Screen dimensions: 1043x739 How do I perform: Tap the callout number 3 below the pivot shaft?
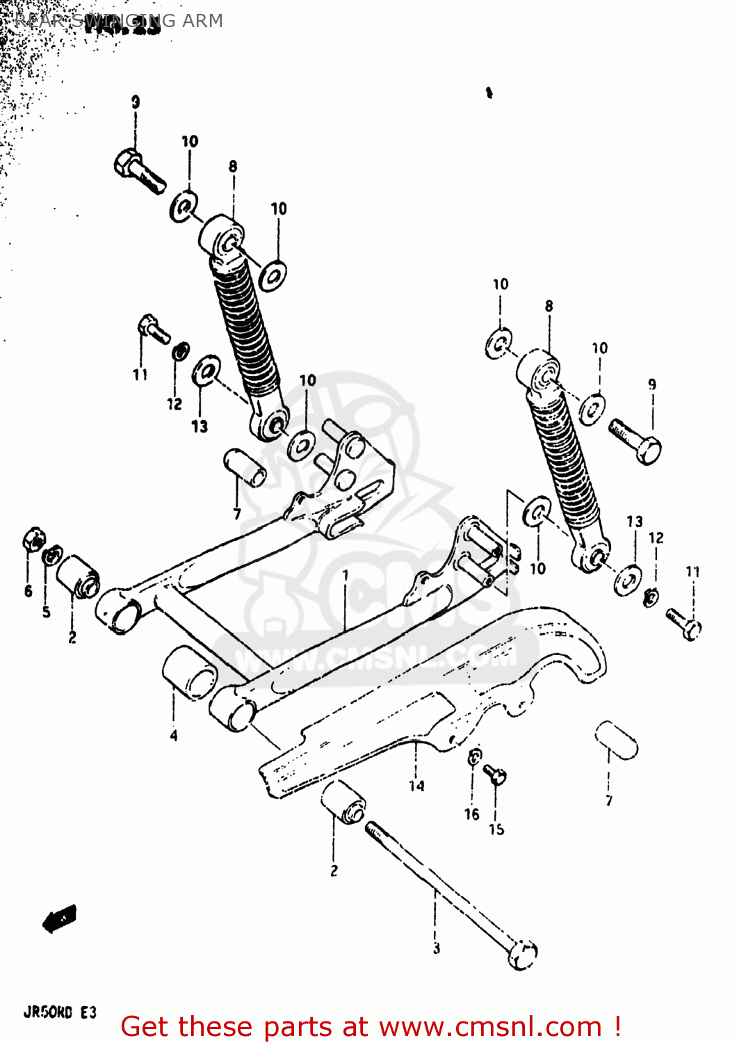(x=436, y=948)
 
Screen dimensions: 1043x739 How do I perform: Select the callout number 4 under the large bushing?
(x=174, y=735)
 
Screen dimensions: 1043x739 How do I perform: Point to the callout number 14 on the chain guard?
(x=416, y=786)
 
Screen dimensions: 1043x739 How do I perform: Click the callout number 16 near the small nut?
(x=472, y=814)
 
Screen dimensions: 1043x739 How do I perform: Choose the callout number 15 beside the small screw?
(x=496, y=829)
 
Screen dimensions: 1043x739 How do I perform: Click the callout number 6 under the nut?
(x=28, y=591)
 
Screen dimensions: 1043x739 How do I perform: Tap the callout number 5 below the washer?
(x=46, y=612)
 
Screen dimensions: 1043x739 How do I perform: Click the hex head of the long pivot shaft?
(x=522, y=955)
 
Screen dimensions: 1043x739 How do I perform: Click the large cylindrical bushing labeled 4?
(x=189, y=671)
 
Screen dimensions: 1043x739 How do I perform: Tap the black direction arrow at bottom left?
(x=60, y=919)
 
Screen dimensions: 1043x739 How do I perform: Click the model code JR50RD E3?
(x=60, y=1012)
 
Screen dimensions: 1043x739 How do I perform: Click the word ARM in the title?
(x=202, y=21)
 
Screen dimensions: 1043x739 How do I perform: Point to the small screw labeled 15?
(x=496, y=774)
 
